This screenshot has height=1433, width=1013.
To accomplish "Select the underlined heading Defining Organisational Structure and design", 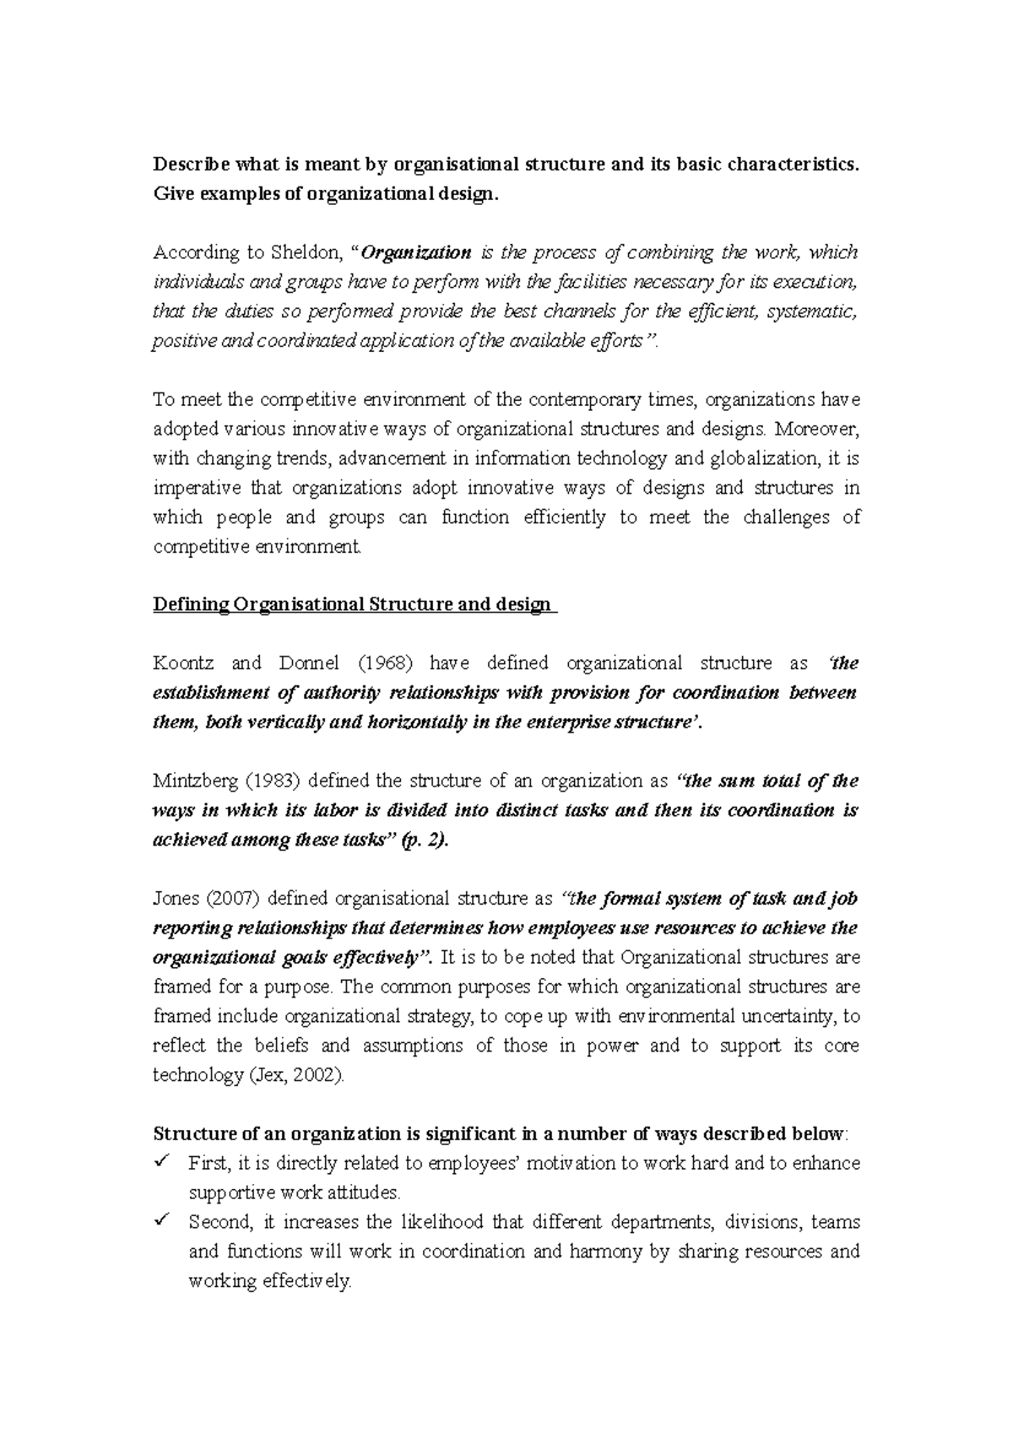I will [x=355, y=605].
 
